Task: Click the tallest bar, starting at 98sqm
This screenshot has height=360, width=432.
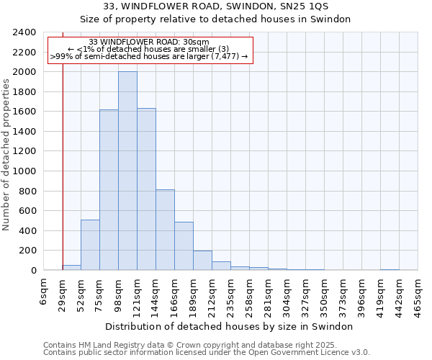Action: click(x=127, y=171)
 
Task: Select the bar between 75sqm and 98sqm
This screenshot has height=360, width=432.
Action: click(x=109, y=190)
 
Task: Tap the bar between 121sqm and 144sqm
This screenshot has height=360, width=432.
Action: click(x=146, y=189)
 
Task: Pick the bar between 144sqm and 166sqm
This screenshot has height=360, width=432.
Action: click(x=165, y=230)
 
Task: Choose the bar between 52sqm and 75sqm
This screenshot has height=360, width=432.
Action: click(x=90, y=245)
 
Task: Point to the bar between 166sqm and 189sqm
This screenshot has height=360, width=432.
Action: click(x=184, y=246)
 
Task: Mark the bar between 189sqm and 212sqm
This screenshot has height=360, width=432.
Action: click(x=202, y=261)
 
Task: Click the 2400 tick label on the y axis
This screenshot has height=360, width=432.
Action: click(x=24, y=32)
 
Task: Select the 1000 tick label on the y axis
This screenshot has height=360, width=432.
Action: click(x=24, y=171)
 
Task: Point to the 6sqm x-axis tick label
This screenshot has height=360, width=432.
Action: click(x=44, y=292)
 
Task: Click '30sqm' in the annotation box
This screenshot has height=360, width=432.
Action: click(x=196, y=42)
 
